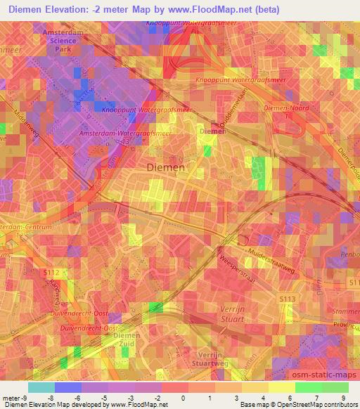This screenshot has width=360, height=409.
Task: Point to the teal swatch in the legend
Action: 41,387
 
